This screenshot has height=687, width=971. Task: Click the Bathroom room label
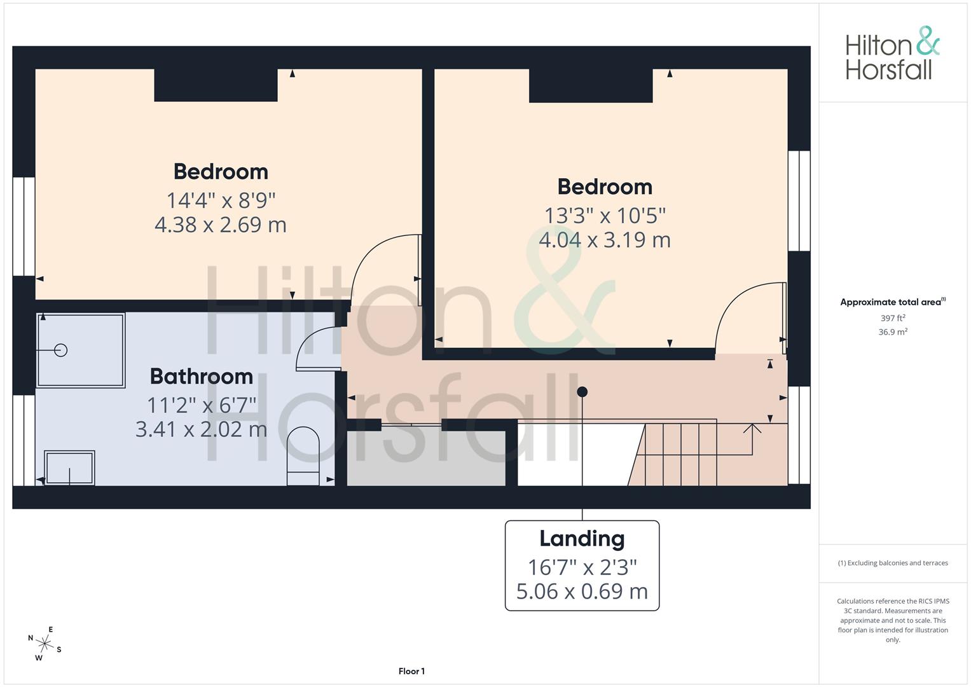[x=202, y=377]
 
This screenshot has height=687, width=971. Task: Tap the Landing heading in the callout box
[x=582, y=539]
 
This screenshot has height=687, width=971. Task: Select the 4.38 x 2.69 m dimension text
[x=221, y=225]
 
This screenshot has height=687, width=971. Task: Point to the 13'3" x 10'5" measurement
[x=605, y=216]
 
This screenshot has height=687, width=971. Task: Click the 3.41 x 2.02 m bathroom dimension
[x=201, y=429]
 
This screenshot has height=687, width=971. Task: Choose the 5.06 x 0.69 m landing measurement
[x=582, y=591]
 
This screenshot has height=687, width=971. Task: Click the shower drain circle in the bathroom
[x=60, y=350]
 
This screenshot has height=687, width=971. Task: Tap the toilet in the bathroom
[x=303, y=456]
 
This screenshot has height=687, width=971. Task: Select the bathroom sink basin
[x=69, y=468]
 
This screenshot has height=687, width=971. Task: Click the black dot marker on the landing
[x=582, y=392]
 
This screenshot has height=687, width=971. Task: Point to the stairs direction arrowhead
[x=752, y=429]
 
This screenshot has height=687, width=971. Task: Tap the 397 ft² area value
[x=893, y=318]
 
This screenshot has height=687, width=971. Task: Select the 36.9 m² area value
[x=893, y=332]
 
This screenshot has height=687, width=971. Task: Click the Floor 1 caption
[x=411, y=671]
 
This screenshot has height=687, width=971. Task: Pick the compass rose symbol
[x=45, y=644]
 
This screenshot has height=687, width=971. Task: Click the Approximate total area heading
[x=893, y=302]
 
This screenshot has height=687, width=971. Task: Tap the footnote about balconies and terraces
[x=893, y=563]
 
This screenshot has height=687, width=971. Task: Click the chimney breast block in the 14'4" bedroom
[x=216, y=85]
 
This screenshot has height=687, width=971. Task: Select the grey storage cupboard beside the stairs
[x=426, y=458]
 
